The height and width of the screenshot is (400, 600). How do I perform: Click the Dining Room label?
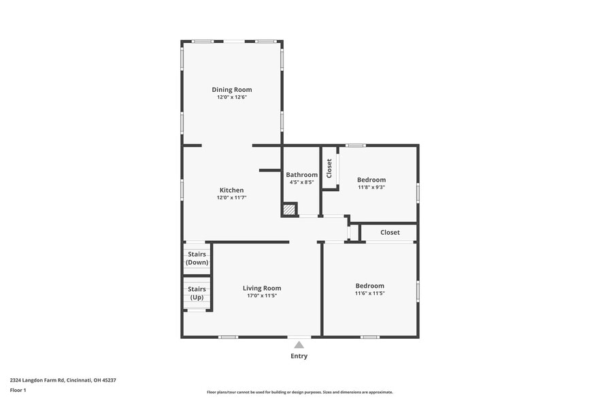coord(231,90)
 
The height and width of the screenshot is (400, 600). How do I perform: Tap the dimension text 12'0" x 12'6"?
coord(231,98)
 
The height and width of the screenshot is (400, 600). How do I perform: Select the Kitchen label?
coord(231,190)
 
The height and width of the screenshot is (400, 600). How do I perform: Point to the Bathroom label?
coord(301,175)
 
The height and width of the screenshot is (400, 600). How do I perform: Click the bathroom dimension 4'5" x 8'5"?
coord(301,183)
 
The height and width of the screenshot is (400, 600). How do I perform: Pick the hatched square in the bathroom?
coord(290,210)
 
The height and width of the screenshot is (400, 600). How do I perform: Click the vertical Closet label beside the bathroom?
coord(329,168)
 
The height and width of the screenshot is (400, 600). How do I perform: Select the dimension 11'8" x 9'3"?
coord(371,188)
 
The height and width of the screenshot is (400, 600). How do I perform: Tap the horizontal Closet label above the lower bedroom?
coord(390,233)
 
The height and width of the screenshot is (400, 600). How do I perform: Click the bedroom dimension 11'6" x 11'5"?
coord(369,294)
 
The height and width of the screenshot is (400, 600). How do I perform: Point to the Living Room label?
coord(262,288)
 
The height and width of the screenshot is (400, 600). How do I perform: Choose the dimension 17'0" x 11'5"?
coord(262,296)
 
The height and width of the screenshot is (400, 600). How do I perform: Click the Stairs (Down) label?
coord(197,258)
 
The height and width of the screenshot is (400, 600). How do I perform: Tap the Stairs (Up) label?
coord(197,293)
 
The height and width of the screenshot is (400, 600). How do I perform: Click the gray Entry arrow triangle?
coord(299,345)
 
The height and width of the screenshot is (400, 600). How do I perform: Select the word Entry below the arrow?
coord(299,356)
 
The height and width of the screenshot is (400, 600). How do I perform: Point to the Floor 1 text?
coord(18,390)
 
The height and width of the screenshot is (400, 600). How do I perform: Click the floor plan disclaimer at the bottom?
coord(299,392)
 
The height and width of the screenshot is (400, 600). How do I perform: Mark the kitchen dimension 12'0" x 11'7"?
coord(231,198)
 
